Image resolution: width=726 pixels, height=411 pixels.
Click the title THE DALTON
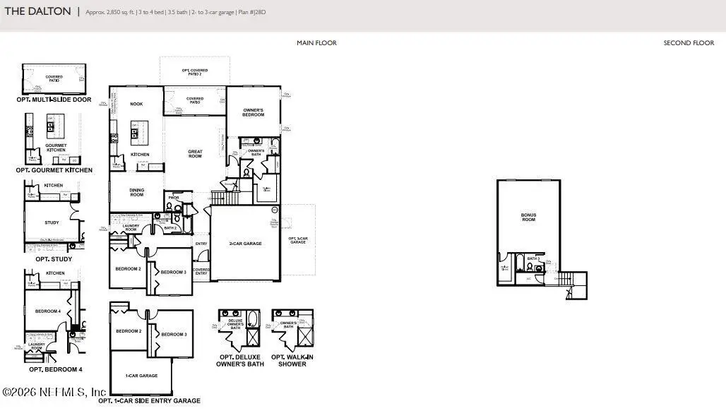click(38, 11)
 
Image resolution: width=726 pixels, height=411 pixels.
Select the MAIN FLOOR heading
click(316, 43)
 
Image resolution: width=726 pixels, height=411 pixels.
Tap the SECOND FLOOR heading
click(689, 43)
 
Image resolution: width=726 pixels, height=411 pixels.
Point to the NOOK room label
click(136, 104)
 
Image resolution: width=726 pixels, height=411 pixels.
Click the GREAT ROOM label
click(195, 153)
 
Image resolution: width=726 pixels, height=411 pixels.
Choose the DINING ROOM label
click(136, 191)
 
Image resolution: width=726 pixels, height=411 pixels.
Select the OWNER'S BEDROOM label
click(254, 112)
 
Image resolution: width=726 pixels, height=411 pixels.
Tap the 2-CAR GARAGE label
click(245, 243)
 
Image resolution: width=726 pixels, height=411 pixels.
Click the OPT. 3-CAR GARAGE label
click(298, 240)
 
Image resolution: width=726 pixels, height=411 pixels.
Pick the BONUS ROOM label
click(528, 217)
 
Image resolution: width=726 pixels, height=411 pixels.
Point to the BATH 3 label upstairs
click(534, 258)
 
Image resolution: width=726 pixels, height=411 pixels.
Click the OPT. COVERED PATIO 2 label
click(195, 71)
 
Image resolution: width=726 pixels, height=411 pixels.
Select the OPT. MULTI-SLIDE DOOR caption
click(54, 100)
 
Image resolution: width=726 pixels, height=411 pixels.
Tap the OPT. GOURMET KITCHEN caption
click(54, 170)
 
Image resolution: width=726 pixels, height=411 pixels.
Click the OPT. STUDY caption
click(54, 259)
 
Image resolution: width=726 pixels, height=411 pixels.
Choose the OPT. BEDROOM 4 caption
click(56, 369)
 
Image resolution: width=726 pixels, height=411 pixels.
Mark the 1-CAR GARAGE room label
click(141, 376)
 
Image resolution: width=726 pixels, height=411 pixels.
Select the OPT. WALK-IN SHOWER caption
click(292, 360)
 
